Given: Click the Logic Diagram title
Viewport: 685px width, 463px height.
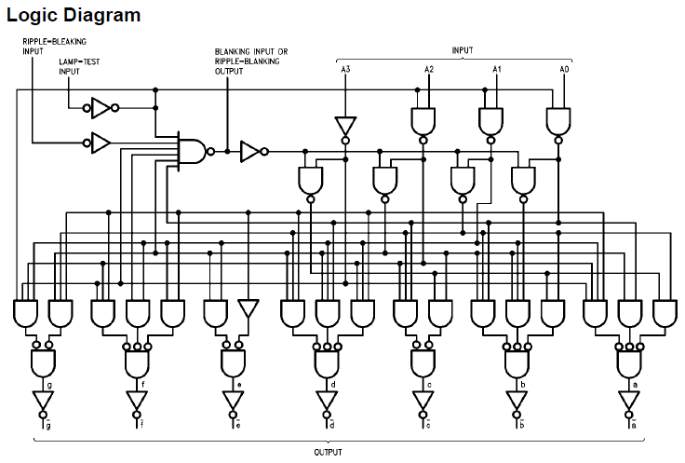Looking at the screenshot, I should pos(74,15).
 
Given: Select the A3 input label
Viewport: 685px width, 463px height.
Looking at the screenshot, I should pos(345,70).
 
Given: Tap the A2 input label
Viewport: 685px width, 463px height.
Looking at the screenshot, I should pos(429,70).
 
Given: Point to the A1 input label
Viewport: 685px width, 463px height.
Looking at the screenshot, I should pos(497,70).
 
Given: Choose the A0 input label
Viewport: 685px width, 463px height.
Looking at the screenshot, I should pos(564,70).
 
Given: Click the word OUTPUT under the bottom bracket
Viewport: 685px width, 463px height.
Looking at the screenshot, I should pos(327,452).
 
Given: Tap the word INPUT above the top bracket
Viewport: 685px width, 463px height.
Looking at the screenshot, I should pos(463,49).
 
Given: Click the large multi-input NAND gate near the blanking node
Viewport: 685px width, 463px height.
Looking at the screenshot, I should pos(192,149).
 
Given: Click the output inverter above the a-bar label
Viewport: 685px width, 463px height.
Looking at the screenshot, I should pos(628,401).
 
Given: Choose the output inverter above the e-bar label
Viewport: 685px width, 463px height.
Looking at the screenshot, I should pos(233,401).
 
